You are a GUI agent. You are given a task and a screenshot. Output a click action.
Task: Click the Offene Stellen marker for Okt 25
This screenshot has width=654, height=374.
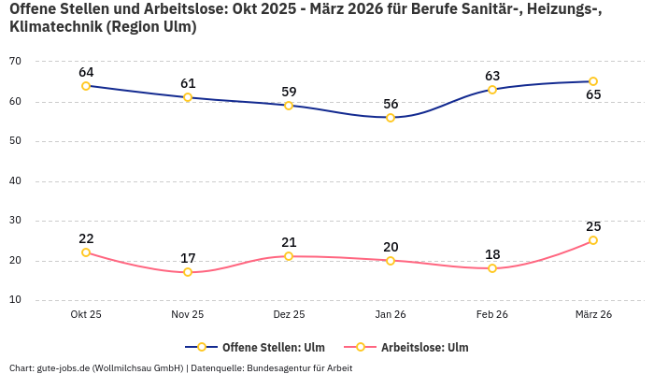click(86, 86)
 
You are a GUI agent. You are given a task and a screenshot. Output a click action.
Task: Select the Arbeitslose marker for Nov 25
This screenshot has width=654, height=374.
click(188, 272)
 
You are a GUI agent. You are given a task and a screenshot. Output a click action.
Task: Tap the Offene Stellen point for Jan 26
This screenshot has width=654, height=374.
click(391, 118)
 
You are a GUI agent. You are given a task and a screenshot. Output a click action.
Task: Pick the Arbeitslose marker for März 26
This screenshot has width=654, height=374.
click(593, 240)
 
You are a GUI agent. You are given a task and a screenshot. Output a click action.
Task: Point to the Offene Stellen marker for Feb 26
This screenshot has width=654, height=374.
click(492, 90)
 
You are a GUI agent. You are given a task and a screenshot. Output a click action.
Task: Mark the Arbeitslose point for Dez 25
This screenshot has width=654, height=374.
click(289, 256)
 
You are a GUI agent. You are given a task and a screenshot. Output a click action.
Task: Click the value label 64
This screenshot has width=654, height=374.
click(86, 72)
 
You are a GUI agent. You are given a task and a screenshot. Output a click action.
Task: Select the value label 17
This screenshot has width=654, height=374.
click(188, 258)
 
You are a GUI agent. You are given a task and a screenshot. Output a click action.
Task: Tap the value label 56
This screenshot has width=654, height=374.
click(391, 104)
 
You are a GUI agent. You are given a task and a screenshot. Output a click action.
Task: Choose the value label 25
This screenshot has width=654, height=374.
click(593, 226)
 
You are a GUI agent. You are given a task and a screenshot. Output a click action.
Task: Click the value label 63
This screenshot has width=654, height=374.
click(492, 76)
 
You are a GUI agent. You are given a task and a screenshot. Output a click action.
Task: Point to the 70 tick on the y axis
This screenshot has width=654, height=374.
click(15, 62)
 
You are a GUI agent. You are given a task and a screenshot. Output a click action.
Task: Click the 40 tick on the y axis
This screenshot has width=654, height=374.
click(15, 181)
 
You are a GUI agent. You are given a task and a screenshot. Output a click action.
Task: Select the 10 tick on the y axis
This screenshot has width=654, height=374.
click(15, 301)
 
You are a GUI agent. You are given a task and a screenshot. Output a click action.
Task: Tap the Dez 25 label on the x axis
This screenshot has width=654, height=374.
click(289, 315)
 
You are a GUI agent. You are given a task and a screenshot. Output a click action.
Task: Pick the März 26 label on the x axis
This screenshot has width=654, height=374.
click(593, 315)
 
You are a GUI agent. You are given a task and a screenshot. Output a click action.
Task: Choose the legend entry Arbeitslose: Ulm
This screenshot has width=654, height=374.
click(416, 347)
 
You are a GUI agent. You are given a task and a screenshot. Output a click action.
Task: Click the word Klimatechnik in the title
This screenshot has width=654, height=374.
click(54, 27)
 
